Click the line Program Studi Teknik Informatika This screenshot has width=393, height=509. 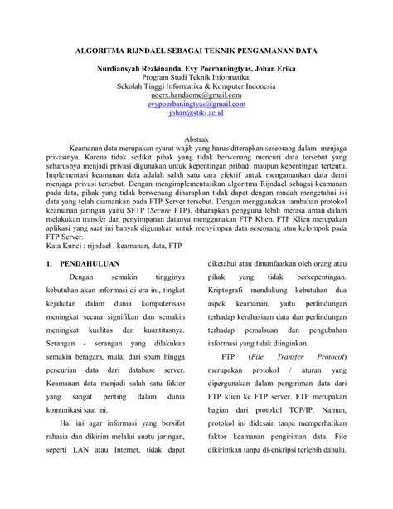(196, 77)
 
